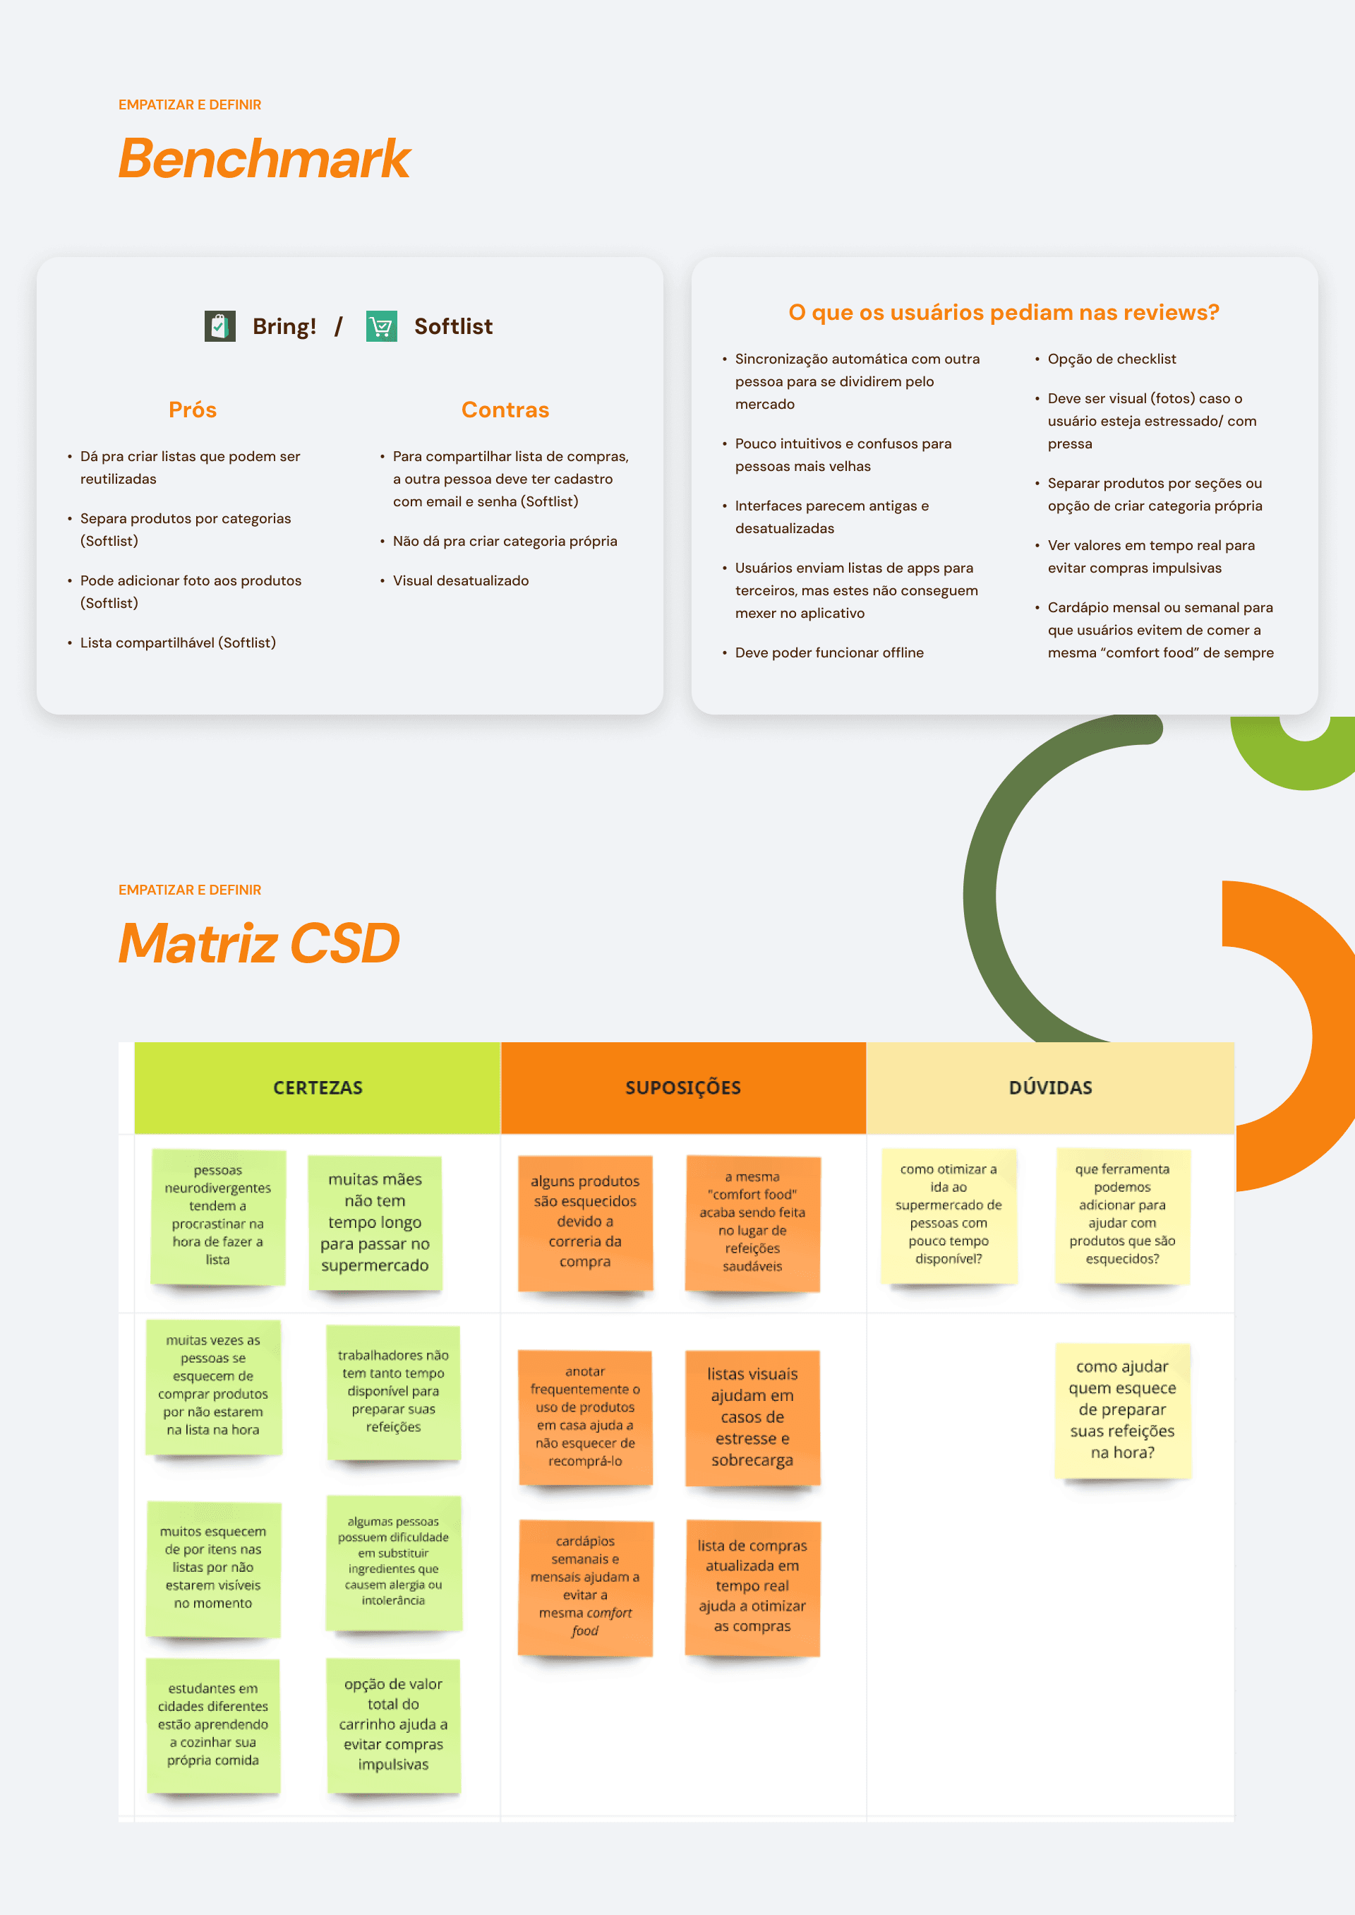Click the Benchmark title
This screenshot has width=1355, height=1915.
pyautogui.click(x=264, y=159)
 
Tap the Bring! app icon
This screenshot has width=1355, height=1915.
pyautogui.click(x=219, y=326)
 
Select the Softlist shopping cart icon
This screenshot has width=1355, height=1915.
pyautogui.click(x=381, y=326)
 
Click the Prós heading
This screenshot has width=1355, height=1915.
pyautogui.click(x=193, y=410)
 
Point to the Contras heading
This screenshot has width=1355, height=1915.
pyautogui.click(x=505, y=410)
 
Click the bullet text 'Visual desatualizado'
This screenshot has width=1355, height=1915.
pyautogui.click(x=461, y=581)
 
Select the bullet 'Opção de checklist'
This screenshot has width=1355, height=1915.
pyautogui.click(x=1112, y=359)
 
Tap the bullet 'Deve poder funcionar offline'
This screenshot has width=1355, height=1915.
pyautogui.click(x=829, y=652)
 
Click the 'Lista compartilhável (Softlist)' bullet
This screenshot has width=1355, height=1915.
pyautogui.click(x=178, y=643)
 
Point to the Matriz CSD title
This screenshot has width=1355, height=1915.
pyautogui.click(x=259, y=943)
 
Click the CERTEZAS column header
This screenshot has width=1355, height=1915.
pyautogui.click(x=318, y=1087)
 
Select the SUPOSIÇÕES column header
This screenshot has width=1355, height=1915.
pyautogui.click(x=683, y=1087)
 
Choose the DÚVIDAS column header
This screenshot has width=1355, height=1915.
pyautogui.click(x=1050, y=1087)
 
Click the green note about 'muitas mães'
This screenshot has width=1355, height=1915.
pyautogui.click(x=375, y=1222)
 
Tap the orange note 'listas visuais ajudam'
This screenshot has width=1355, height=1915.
pyautogui.click(x=752, y=1416)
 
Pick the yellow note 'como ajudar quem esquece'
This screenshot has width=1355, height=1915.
pyautogui.click(x=1122, y=1409)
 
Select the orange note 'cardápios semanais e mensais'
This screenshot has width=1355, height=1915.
pyautogui.click(x=585, y=1586)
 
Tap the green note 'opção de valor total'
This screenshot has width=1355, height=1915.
pyautogui.click(x=393, y=1724)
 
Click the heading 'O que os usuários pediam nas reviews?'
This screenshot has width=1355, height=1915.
pyautogui.click(x=1004, y=312)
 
